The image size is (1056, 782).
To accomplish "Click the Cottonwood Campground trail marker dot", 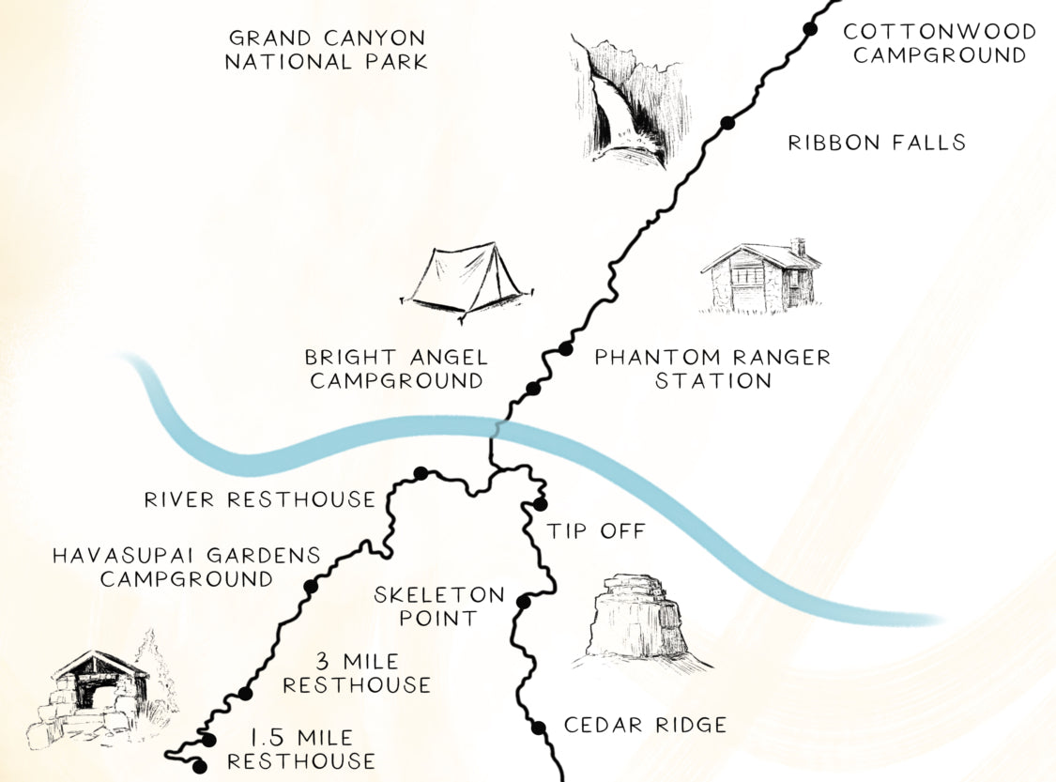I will (x=809, y=30).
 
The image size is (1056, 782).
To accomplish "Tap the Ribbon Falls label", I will (x=877, y=143).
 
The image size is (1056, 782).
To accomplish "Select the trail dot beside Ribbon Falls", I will (x=727, y=122).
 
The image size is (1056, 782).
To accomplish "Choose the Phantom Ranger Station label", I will (x=712, y=369).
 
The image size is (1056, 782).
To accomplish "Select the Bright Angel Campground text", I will (x=395, y=369).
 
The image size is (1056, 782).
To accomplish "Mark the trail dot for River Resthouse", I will (x=421, y=472).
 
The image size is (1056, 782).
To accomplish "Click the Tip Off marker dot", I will (x=540, y=504).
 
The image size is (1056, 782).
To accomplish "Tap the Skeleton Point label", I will (x=439, y=606).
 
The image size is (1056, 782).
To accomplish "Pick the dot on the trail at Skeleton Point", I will (x=524, y=602).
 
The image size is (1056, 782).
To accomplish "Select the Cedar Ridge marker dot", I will (x=538, y=727).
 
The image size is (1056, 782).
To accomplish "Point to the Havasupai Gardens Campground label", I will (x=186, y=567).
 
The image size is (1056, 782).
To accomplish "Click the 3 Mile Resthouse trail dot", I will (x=245, y=694).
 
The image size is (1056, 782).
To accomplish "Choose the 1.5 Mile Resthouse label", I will (x=300, y=749).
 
